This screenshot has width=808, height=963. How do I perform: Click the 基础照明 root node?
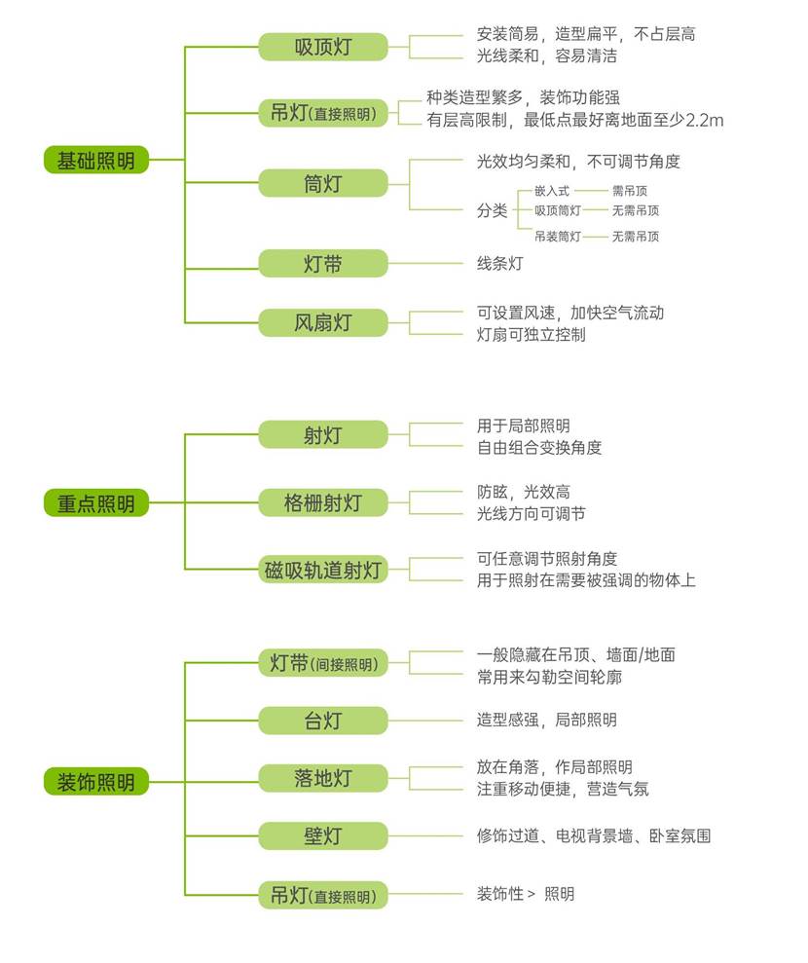click(95, 160)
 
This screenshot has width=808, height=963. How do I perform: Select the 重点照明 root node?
click(95, 503)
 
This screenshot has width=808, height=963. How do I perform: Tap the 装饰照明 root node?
click(95, 781)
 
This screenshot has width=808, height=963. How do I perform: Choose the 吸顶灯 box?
click(322, 47)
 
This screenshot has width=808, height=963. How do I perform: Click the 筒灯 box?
click(322, 182)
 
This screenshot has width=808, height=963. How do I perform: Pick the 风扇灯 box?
click(322, 322)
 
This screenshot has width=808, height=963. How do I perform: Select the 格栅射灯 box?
click(322, 502)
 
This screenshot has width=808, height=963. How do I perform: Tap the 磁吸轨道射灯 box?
click(322, 571)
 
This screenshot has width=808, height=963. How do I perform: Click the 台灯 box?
click(322, 721)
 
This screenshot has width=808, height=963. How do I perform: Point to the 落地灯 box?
click(322, 778)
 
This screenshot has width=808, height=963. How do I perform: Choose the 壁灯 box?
click(322, 835)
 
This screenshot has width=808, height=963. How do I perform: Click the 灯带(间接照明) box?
click(322, 664)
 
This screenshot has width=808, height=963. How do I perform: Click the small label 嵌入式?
click(551, 191)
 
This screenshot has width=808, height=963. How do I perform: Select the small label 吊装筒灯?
click(558, 236)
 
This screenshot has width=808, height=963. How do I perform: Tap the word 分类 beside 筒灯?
click(492, 210)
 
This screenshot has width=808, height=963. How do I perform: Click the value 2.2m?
click(705, 121)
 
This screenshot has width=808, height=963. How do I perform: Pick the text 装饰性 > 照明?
click(525, 894)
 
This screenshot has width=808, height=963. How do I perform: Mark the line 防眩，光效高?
click(523, 493)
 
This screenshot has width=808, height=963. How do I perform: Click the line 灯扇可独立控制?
click(531, 335)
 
